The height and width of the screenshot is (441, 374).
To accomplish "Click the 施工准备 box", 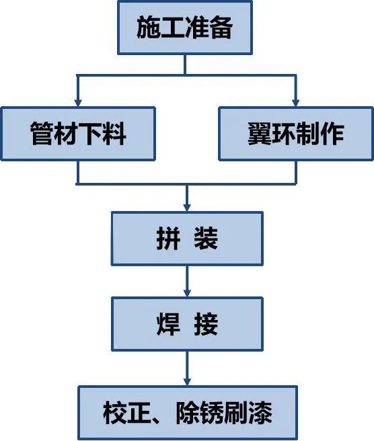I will (185, 28).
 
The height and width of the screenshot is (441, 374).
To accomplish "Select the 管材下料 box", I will (78, 134).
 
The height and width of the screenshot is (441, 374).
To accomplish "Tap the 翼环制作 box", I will (295, 134).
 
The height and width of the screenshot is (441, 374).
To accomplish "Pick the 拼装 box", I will (187, 239).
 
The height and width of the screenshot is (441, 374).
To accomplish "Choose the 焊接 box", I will (187, 325).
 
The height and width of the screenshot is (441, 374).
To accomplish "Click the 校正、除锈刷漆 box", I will (187, 412).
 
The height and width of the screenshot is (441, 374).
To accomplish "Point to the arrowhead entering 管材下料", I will (78, 102).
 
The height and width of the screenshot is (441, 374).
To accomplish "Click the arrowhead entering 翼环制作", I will (295, 102).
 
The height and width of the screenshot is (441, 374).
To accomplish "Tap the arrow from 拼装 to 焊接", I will (187, 282).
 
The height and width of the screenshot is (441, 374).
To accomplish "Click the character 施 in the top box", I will (148, 28).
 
